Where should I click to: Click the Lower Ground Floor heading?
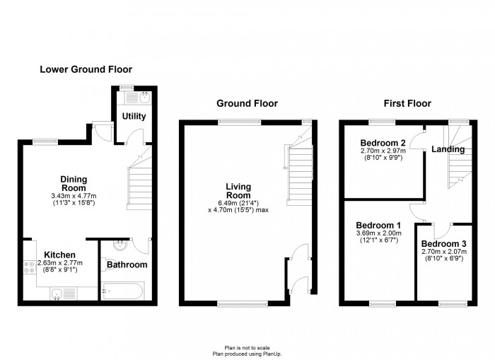coord(86,69)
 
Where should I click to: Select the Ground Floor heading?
coord(248,103)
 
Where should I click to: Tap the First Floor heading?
coord(407,103)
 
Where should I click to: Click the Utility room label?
coord(134,116)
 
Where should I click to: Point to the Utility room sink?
coord(145,98)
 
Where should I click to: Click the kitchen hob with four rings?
coord(30,267)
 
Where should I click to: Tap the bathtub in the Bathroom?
coord(123,291)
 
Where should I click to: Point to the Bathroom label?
coord(127,265)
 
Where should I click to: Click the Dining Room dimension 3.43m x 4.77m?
coord(74,196)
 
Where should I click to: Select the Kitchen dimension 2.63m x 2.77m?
coord(60,262)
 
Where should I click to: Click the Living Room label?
coord(239,191)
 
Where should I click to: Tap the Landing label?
coord(448,149)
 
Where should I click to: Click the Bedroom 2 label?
coord(383,143)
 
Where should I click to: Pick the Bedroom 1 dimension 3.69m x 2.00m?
coord(379,233)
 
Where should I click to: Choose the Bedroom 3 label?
coord(444,244)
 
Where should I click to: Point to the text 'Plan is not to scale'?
coord(248,348)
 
